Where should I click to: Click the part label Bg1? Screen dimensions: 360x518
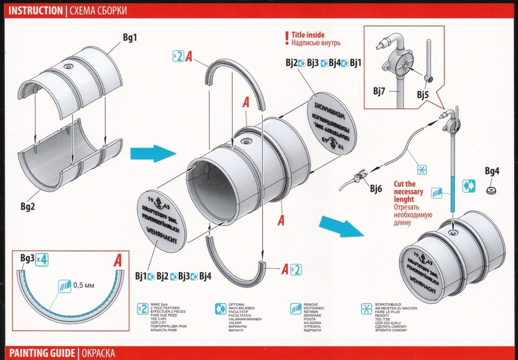pyautogui.click(x=130, y=37)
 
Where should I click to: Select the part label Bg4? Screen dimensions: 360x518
pyautogui.click(x=492, y=171)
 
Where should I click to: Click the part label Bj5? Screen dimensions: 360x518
pyautogui.click(x=423, y=94)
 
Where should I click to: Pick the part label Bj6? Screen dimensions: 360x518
pyautogui.click(x=375, y=189)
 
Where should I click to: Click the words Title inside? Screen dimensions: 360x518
pyautogui.click(x=308, y=35)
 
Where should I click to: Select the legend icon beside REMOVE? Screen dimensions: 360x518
pyautogui.click(x=296, y=309)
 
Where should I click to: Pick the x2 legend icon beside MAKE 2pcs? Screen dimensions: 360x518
pyautogui.click(x=143, y=309)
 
